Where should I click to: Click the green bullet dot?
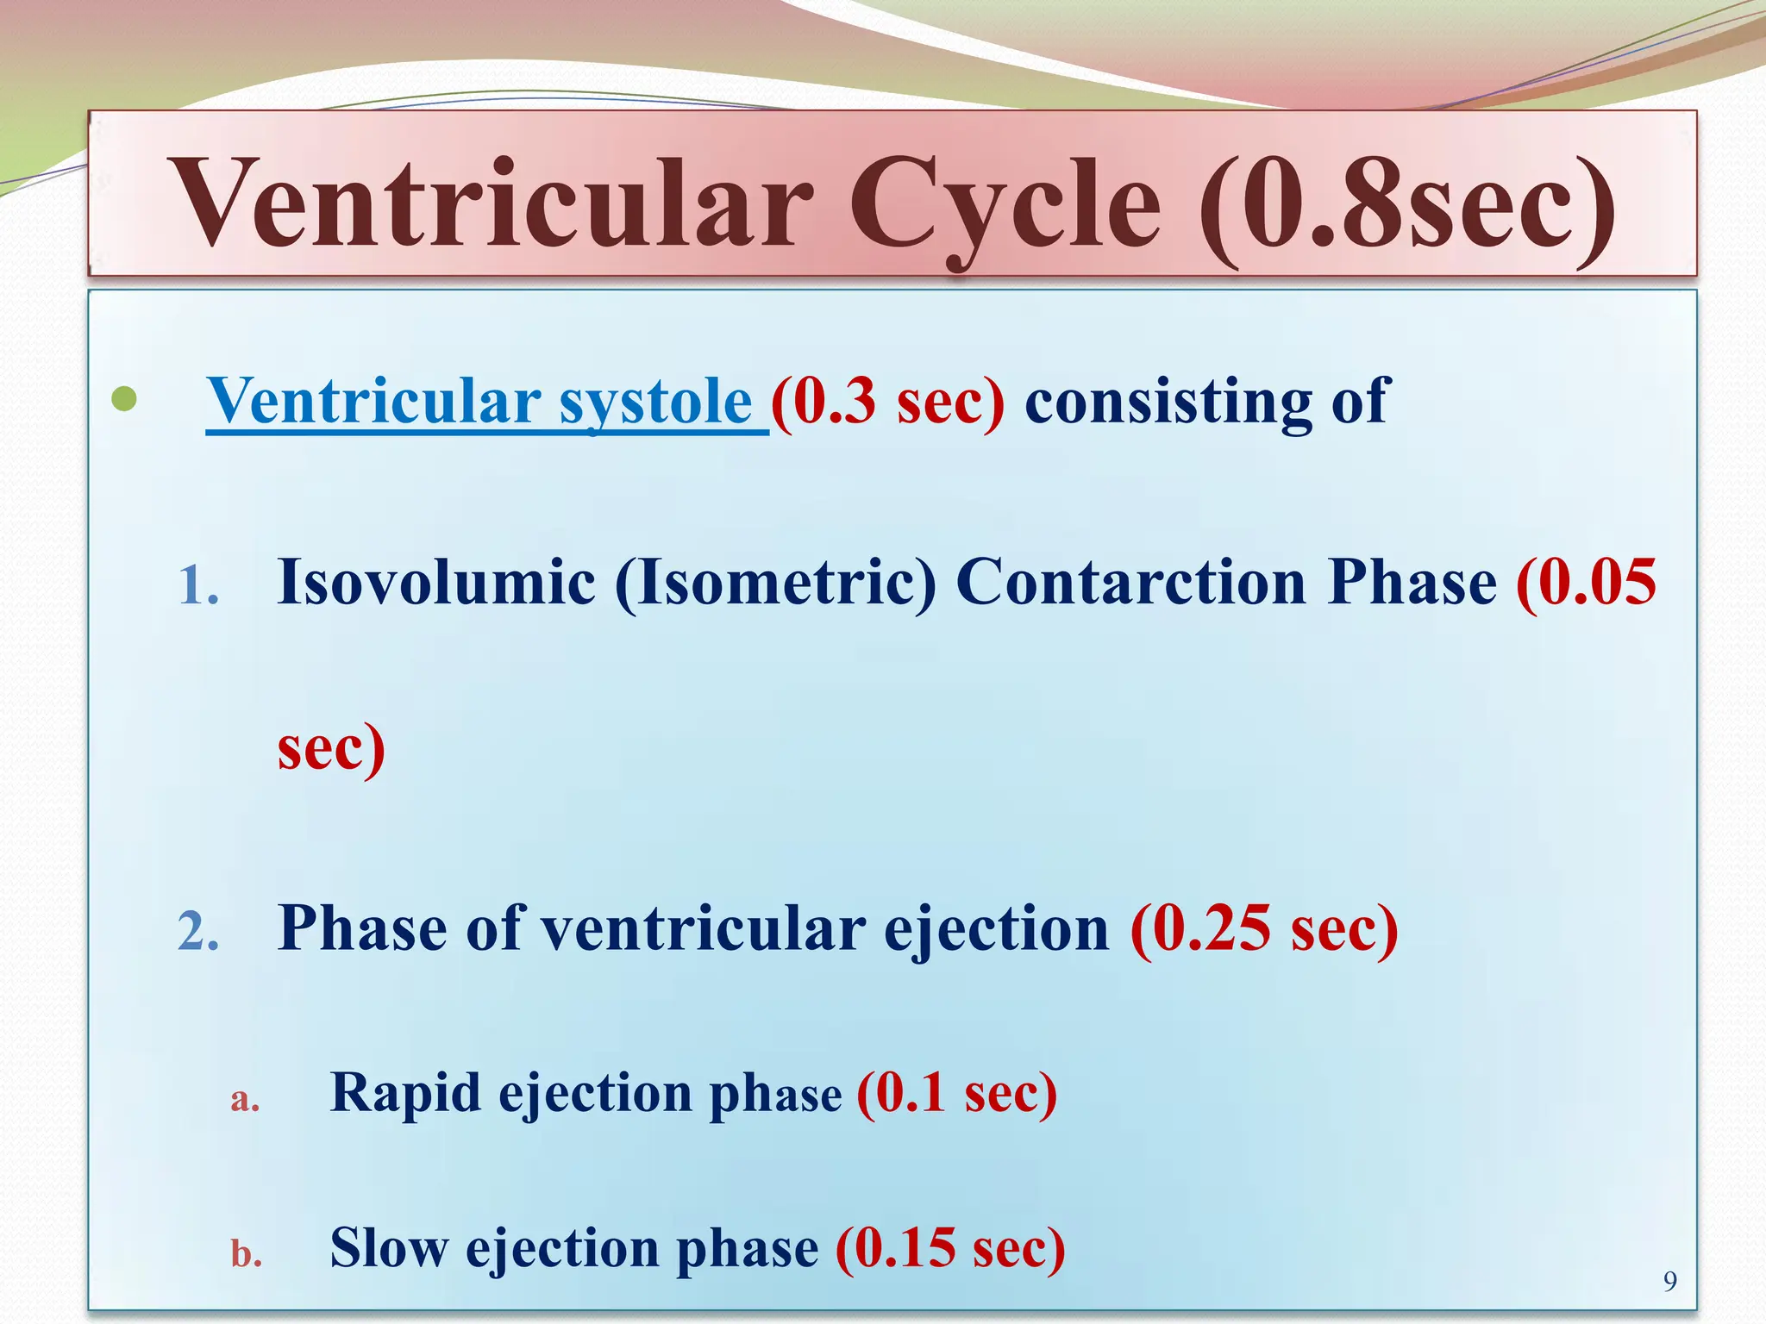tap(125, 399)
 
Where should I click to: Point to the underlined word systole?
tap(655, 402)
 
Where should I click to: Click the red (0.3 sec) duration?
tap(888, 402)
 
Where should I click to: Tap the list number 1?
tap(198, 586)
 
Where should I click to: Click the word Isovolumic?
tap(436, 582)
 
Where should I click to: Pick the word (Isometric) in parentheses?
tap(775, 582)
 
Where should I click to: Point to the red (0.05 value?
tap(1586, 582)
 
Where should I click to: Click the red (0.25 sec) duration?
tap(1264, 929)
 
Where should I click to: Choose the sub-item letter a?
tap(244, 1099)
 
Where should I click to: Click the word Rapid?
tap(404, 1093)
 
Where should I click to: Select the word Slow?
tap(389, 1247)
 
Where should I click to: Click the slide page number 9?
tap(1669, 1282)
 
